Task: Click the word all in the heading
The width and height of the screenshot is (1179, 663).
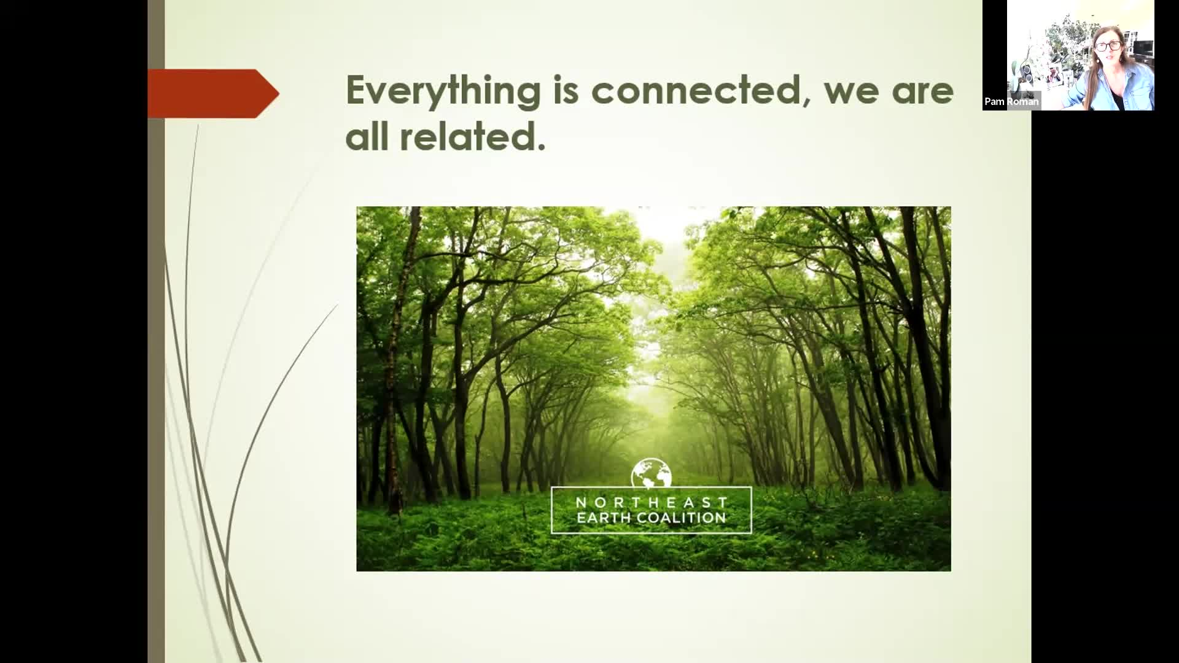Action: click(367, 136)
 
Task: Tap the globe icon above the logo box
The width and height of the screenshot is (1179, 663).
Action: click(651, 473)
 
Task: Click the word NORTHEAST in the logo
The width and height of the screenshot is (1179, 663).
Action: click(652, 502)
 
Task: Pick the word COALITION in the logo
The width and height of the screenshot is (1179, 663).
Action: click(682, 518)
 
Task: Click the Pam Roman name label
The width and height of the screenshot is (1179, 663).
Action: click(1011, 101)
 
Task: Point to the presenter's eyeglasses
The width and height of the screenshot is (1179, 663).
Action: click(1108, 45)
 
